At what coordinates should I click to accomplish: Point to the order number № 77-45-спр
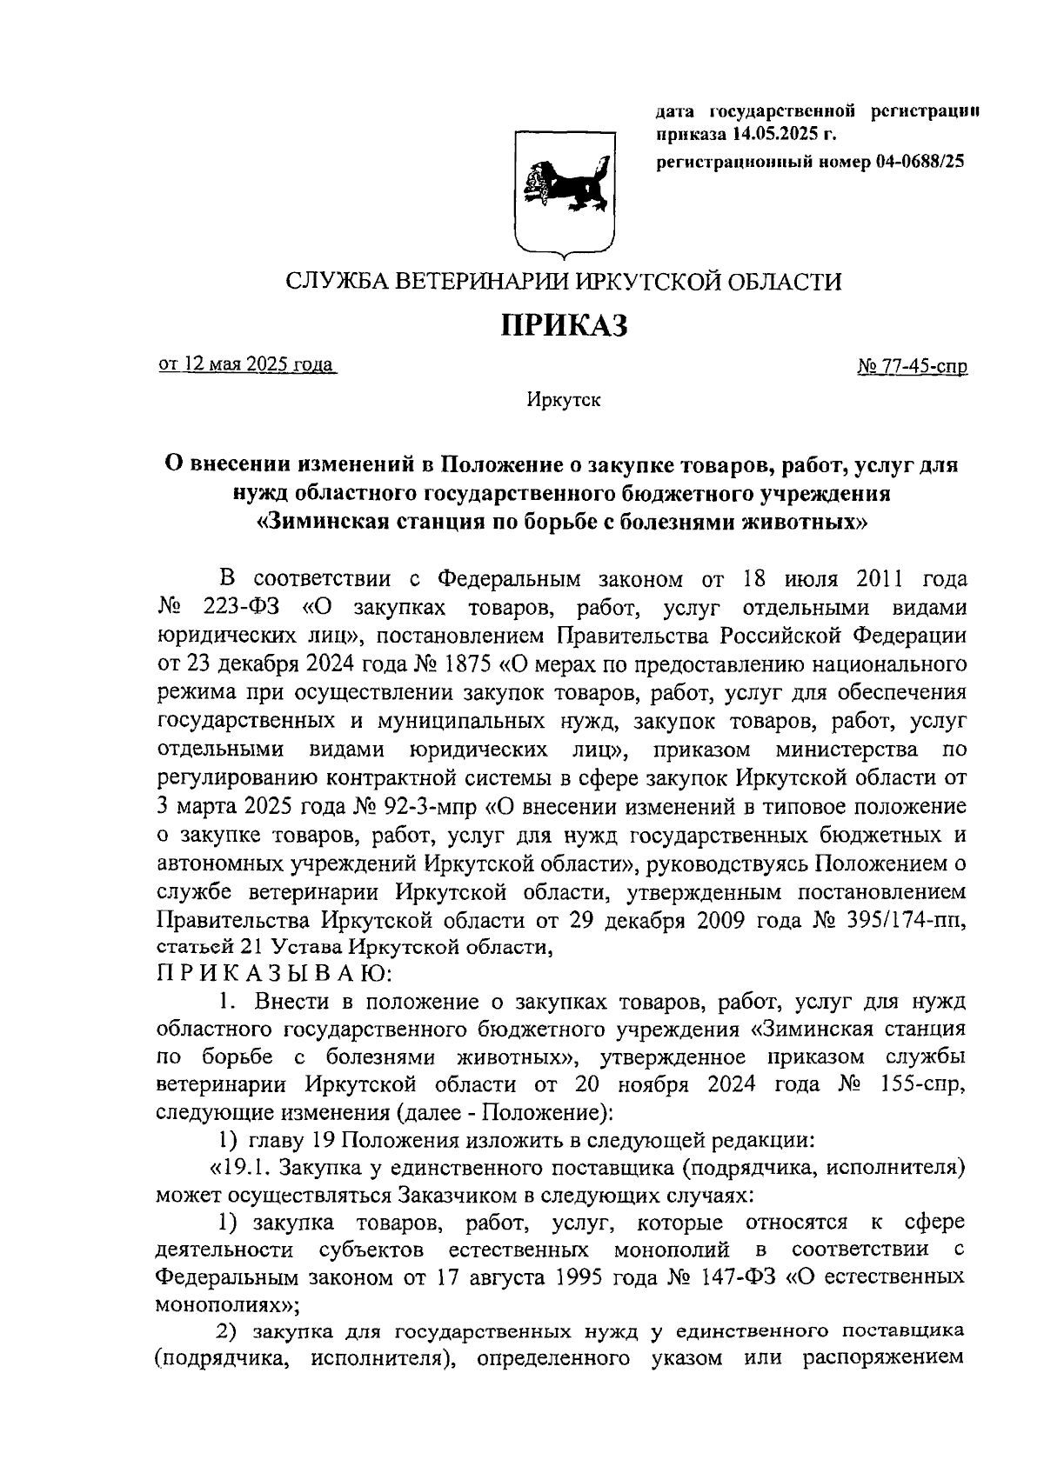coord(913,367)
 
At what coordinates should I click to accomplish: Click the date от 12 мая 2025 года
coord(247,365)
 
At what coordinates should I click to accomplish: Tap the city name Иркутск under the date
coord(563,400)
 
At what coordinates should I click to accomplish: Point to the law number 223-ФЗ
coord(245,607)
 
